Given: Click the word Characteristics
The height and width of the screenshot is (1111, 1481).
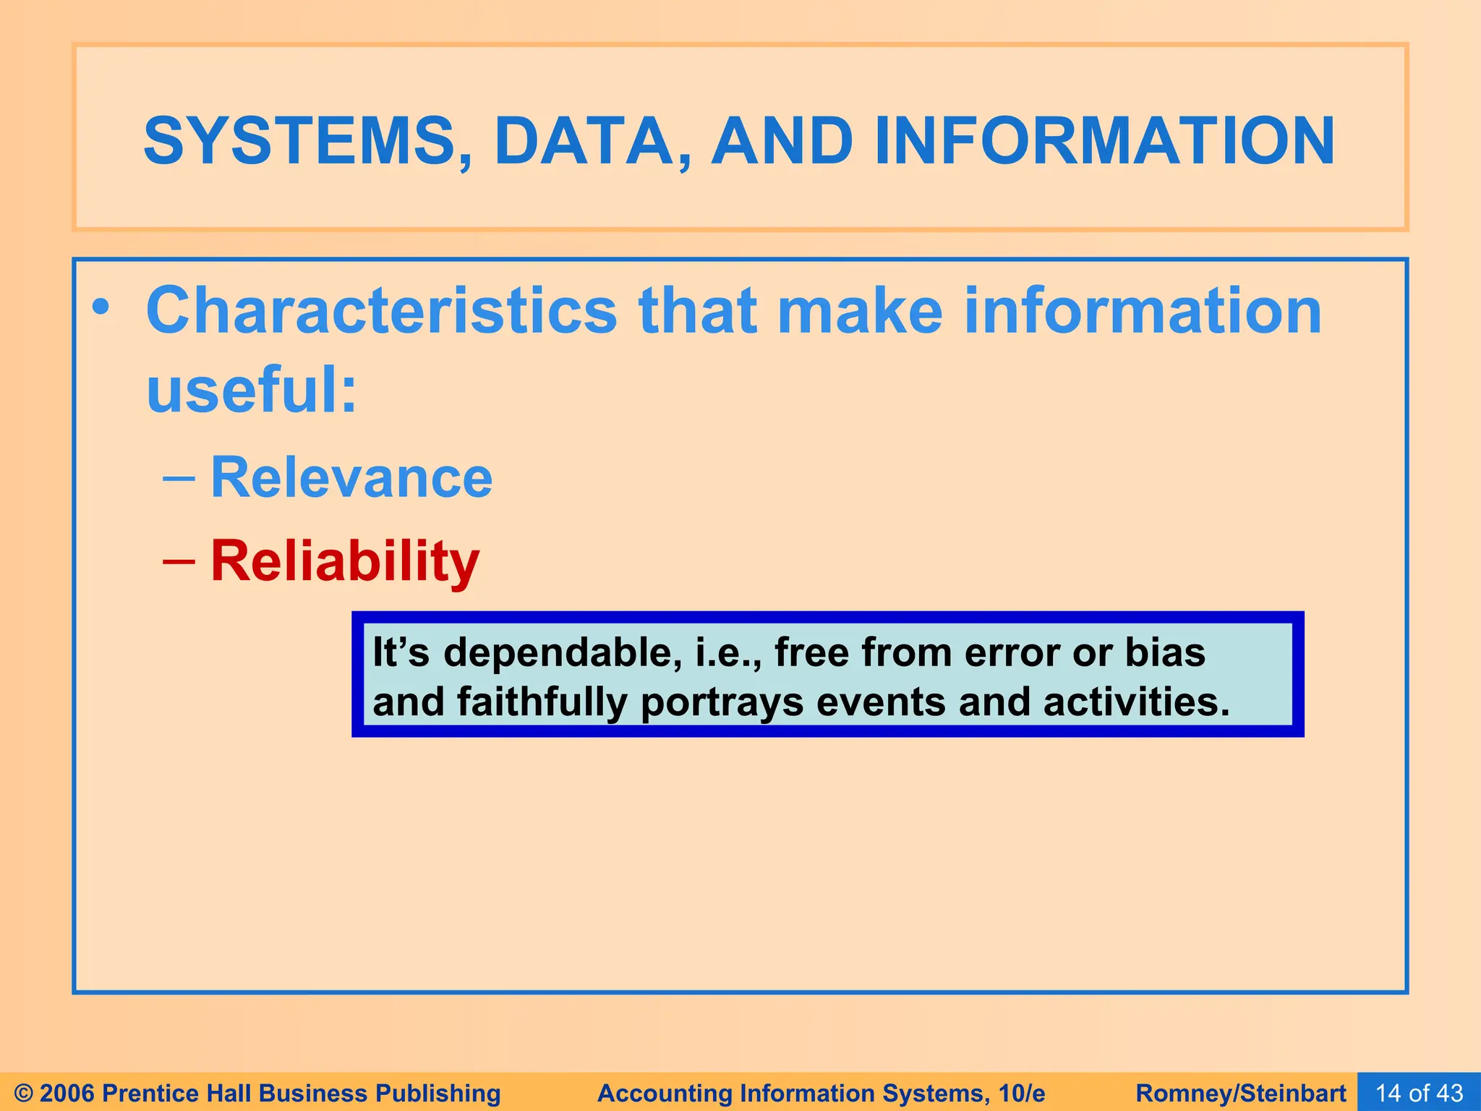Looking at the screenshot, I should (381, 311).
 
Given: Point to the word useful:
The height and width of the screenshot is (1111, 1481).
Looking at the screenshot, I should (252, 391).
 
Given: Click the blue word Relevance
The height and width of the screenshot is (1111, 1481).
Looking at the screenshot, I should (351, 478).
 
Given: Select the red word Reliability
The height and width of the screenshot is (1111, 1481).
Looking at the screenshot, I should (345, 561).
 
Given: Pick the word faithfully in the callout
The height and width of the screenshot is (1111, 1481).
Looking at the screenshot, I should (542, 702).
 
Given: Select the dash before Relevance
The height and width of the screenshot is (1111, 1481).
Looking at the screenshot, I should (179, 478).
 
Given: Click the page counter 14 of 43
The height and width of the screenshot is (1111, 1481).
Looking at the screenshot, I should (1419, 1093).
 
